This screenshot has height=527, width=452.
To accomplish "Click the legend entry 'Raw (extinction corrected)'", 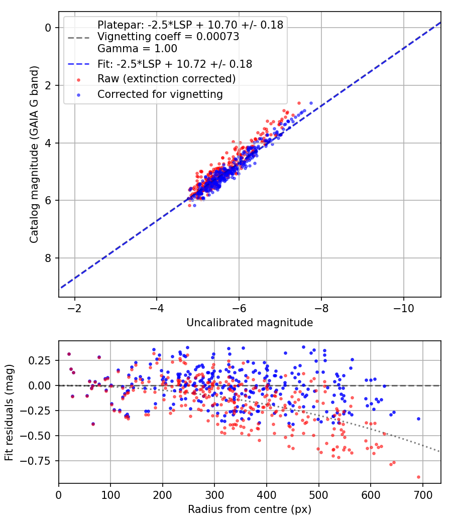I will click(166, 79).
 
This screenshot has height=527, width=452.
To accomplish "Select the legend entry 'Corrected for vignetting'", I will click(160, 94).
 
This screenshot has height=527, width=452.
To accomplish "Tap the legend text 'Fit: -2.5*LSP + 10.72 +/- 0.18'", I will click(175, 64).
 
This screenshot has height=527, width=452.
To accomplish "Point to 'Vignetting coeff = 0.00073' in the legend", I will click(168, 37).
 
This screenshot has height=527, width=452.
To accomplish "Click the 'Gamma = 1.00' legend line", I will click(137, 49).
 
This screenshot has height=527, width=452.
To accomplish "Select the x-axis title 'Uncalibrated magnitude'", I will click(250, 323).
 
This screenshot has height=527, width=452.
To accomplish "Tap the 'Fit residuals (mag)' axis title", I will click(9, 412).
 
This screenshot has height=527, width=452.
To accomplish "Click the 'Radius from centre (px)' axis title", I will click(250, 509).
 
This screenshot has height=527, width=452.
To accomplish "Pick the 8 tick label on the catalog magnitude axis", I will click(49, 258).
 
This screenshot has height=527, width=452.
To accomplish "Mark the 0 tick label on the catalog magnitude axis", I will click(49, 28).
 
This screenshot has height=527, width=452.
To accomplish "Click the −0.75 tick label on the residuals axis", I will click(40, 460).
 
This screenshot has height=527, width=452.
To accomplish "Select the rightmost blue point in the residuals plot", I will click(418, 419).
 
